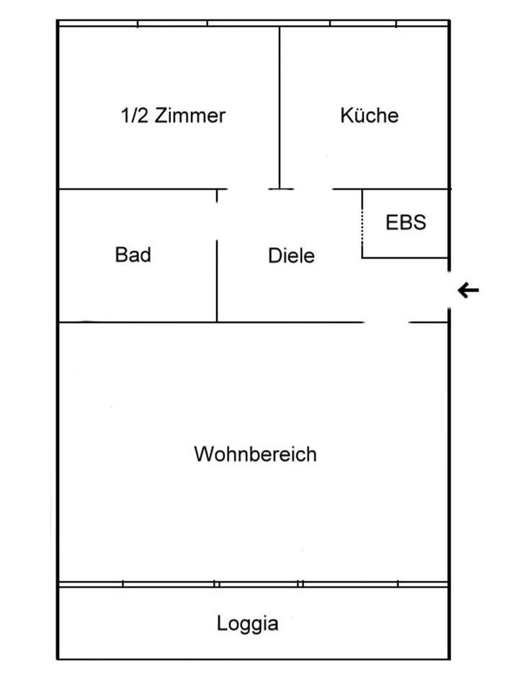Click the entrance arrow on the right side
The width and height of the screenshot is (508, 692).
point(469,290)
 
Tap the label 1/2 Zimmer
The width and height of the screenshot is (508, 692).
point(173,115)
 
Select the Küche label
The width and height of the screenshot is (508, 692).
point(369,115)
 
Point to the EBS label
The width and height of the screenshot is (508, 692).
point(406,222)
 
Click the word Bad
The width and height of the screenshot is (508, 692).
point(133,254)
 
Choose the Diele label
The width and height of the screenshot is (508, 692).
point(291,255)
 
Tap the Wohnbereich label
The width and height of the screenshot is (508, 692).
point(255,455)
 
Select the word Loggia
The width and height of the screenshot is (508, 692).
point(247,624)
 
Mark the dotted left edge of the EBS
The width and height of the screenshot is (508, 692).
point(362,223)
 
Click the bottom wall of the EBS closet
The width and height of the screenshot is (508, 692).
point(405,257)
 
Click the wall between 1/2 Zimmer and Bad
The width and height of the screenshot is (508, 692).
point(137,190)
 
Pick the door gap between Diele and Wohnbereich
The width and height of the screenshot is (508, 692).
point(386,321)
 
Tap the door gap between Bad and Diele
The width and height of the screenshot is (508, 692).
point(217,216)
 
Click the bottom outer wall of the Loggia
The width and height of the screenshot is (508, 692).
point(252,659)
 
